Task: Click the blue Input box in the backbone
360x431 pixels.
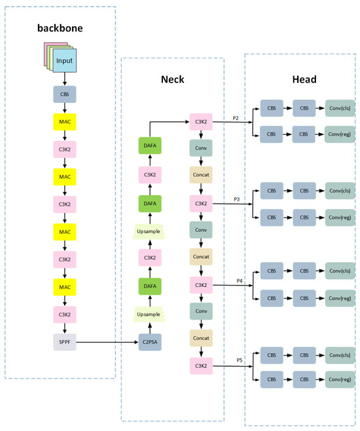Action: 65,60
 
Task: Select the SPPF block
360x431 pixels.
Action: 65,342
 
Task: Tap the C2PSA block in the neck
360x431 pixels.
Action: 150,342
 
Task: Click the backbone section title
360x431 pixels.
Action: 60,28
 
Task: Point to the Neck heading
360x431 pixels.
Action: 172,79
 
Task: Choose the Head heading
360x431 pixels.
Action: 304,79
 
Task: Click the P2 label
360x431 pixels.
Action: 236,118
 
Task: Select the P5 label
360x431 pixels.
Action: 240,360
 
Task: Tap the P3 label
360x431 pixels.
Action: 237,199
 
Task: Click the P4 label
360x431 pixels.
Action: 240,280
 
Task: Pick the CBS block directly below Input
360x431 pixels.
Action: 65,94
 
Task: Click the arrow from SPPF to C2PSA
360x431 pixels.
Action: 107,342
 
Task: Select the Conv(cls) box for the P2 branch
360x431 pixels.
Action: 340,108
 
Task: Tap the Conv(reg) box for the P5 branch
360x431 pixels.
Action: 340,379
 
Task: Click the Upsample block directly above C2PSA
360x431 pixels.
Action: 149,314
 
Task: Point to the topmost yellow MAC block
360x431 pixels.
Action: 65,122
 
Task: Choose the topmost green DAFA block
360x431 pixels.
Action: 150,145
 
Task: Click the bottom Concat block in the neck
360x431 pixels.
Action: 201,338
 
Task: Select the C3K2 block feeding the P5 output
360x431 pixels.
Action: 201,366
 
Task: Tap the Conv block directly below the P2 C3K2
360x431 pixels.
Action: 201,148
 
